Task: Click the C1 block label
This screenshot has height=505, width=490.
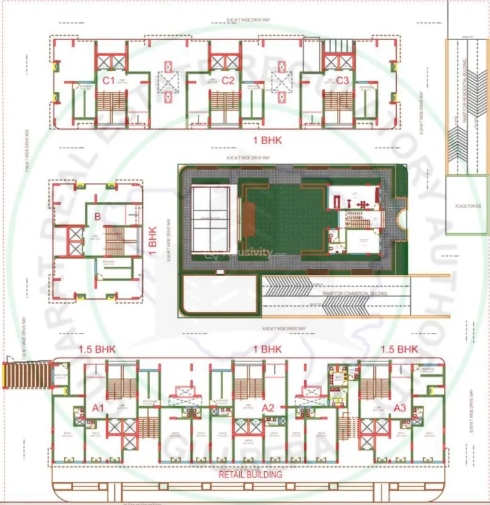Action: point(108,80)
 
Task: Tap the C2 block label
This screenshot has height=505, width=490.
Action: point(228,80)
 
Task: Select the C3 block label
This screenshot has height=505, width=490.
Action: point(343,80)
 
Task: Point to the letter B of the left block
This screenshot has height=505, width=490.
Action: point(98,217)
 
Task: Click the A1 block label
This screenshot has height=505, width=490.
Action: point(98,407)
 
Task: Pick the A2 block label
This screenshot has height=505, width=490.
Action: point(268,407)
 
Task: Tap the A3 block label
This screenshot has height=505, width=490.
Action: point(399,407)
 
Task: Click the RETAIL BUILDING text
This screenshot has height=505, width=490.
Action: point(250,474)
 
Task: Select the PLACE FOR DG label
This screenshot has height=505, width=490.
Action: point(466,206)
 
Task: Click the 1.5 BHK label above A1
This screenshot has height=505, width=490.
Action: point(96,349)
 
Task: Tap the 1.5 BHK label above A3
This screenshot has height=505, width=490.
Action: point(399,349)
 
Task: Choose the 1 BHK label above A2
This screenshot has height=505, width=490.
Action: point(267,349)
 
